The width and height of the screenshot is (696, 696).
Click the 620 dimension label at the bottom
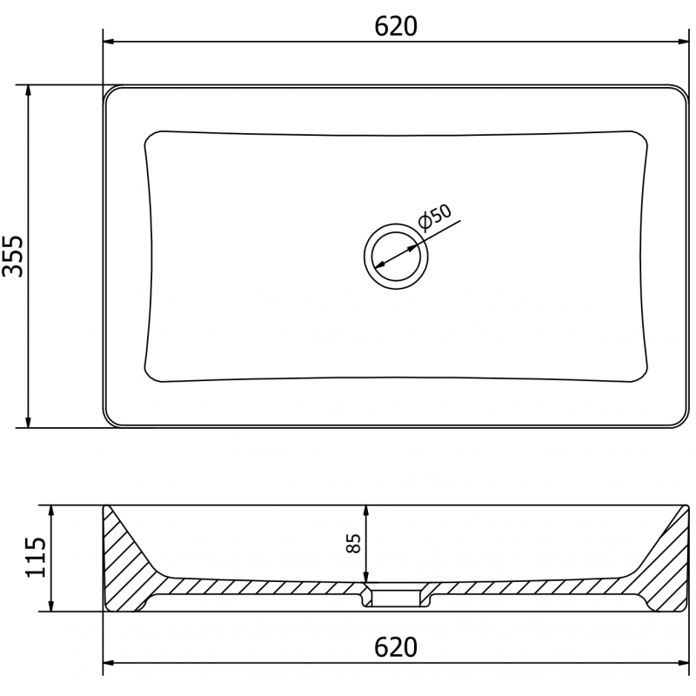click(x=397, y=647)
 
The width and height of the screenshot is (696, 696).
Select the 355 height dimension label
click(x=15, y=257)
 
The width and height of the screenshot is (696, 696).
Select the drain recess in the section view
click(x=396, y=595)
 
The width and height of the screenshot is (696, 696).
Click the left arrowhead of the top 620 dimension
click(x=110, y=41)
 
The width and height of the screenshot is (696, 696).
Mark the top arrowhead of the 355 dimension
click(x=29, y=91)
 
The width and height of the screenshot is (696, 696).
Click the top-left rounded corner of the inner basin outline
click(x=150, y=137)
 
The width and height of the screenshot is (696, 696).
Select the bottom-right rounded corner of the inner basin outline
click(x=642, y=376)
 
